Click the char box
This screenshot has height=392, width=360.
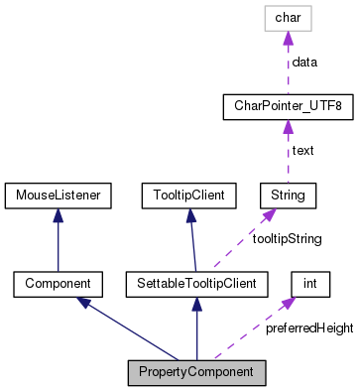point(288,18)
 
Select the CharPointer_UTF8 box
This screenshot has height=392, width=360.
point(288,105)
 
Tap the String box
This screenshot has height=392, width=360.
point(288,194)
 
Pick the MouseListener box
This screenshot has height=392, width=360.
point(57,194)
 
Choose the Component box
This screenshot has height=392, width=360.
point(57,284)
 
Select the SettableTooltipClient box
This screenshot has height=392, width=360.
point(196,284)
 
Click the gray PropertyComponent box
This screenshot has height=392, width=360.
point(197,373)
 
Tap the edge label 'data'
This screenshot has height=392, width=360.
point(303,62)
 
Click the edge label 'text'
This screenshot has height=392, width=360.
point(301,150)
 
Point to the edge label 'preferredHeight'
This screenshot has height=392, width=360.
point(308,328)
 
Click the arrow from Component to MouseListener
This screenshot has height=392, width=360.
point(57,238)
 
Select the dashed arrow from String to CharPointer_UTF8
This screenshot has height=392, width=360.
point(288,150)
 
